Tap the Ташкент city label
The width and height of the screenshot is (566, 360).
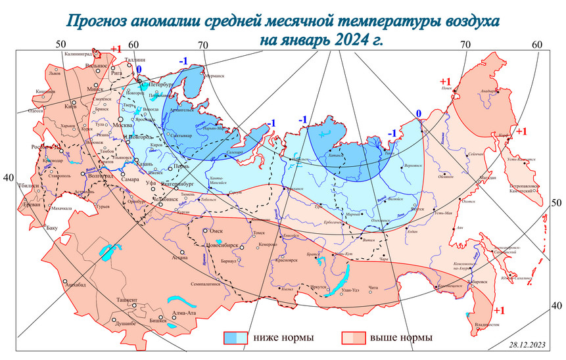(x=127, y=300)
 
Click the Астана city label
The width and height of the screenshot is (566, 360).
(x=180, y=258)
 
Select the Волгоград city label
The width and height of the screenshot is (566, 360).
(x=101, y=175)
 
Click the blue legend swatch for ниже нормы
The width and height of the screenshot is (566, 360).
(x=236, y=338)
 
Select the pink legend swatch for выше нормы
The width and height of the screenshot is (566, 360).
(x=353, y=338)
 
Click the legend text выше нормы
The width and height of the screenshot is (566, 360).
(x=401, y=338)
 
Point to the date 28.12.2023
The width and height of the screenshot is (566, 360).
(x=526, y=344)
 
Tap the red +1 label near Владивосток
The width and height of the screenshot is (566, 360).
(x=498, y=310)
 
